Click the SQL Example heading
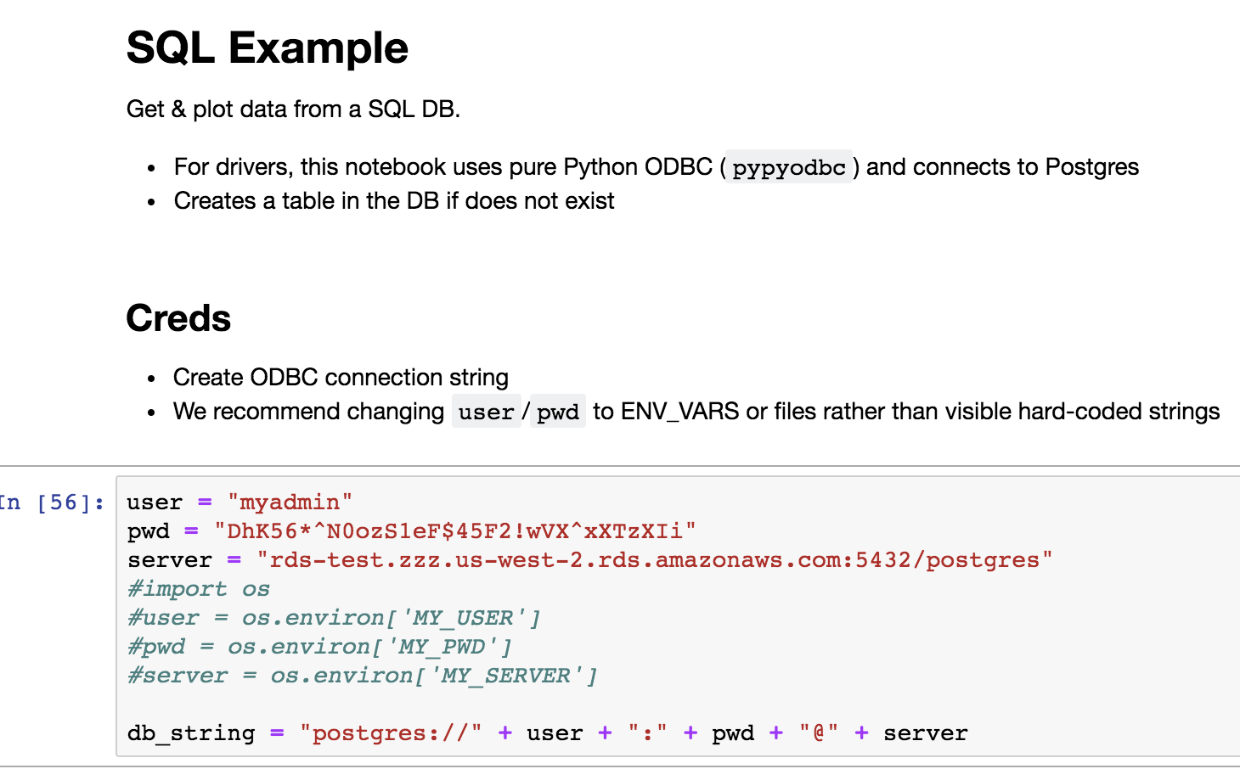click(x=268, y=48)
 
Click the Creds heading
click(x=178, y=318)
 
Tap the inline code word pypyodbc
click(x=789, y=167)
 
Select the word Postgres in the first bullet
click(x=1091, y=167)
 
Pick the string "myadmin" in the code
click(x=290, y=502)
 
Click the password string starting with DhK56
click(x=455, y=531)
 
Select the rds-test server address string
click(x=654, y=560)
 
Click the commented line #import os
click(x=199, y=589)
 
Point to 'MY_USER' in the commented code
click(x=464, y=617)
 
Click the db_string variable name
click(x=191, y=733)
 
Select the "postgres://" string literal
click(x=391, y=733)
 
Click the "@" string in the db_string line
click(x=819, y=733)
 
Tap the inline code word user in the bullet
click(x=486, y=413)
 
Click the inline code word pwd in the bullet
click(x=557, y=413)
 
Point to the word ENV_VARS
click(x=679, y=413)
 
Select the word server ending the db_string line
click(x=926, y=733)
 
